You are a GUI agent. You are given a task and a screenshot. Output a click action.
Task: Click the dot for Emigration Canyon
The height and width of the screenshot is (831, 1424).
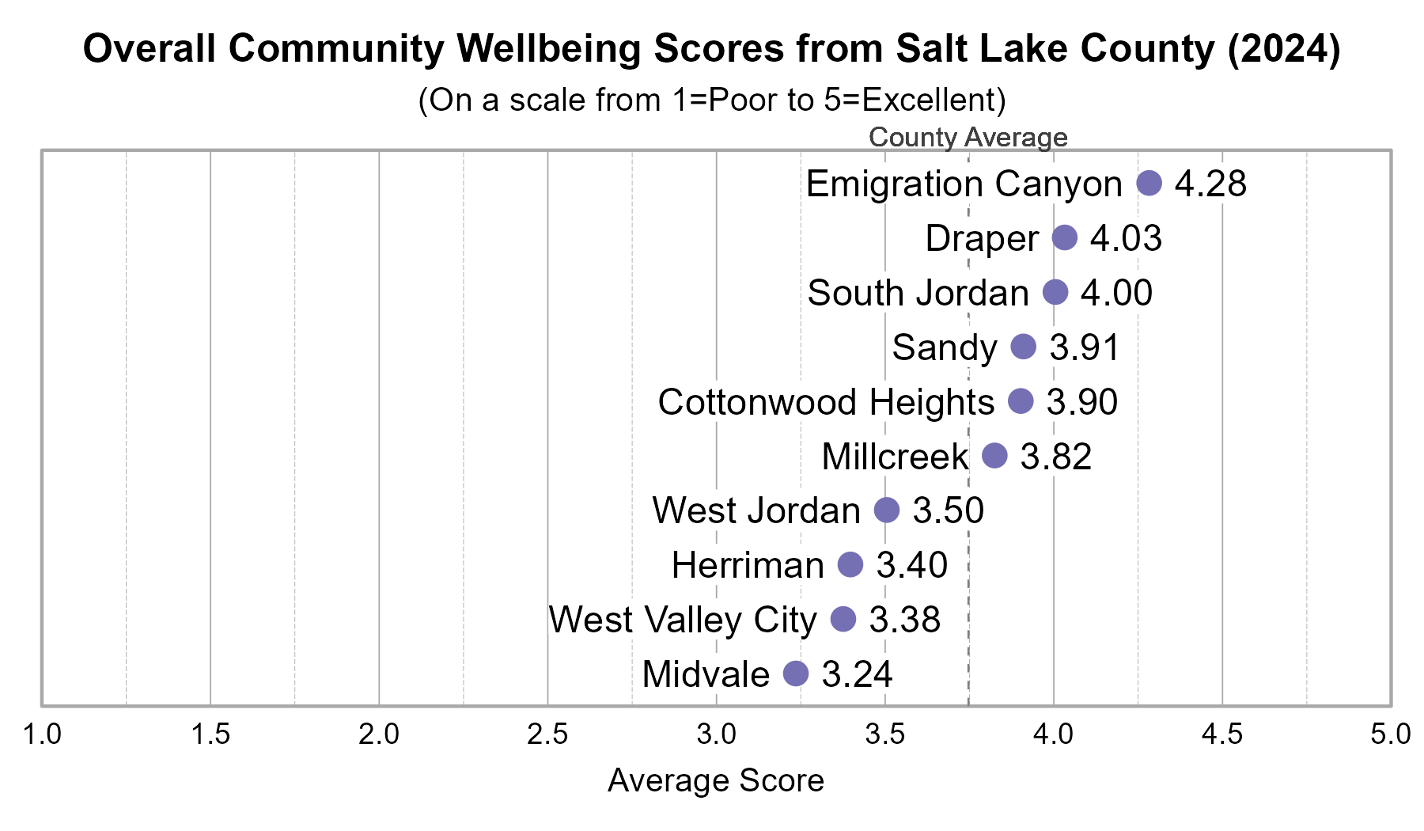1149,183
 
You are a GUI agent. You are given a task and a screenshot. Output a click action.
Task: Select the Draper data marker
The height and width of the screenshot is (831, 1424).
1065,237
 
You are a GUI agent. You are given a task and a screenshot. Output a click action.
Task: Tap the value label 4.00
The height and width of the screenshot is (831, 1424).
1116,293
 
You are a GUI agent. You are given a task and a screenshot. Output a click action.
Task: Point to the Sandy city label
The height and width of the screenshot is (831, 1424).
945,347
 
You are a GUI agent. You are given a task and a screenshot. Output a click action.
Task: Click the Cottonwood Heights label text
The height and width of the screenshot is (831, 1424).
826,402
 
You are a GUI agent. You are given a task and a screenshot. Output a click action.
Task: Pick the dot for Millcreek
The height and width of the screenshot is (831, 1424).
994,456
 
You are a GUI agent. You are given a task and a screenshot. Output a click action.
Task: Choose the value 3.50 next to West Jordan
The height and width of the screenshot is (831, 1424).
948,510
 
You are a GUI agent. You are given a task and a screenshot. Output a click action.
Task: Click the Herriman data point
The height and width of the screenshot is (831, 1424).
850,565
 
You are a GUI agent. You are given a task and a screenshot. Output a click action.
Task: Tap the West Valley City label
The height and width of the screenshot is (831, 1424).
683,620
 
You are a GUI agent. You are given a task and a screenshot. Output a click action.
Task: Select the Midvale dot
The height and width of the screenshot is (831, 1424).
796,674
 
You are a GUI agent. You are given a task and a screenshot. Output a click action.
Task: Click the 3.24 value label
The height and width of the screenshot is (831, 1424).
857,674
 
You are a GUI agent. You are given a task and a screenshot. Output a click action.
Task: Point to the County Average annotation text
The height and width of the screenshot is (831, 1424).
968,138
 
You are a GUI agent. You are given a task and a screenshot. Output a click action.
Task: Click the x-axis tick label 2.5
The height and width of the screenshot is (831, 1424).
547,734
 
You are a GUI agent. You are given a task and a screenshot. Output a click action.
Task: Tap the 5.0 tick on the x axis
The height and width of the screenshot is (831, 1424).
1390,734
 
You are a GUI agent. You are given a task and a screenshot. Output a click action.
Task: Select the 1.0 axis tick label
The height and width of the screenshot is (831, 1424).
42,734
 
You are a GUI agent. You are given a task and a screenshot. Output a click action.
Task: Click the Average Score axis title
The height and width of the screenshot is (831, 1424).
716,781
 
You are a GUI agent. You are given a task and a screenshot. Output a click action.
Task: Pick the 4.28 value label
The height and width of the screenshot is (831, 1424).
1210,184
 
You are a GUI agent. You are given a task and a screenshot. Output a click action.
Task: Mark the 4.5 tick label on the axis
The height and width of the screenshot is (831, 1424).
1222,734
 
